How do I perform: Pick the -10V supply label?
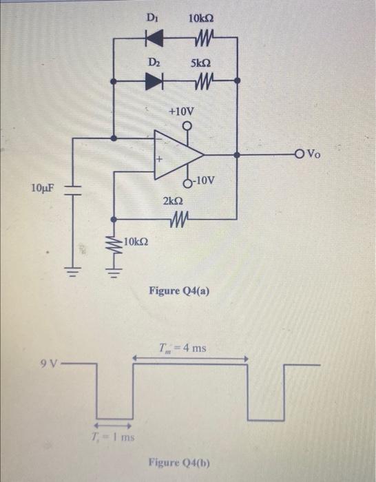coord(204,181)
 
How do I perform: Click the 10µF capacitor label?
coord(42,187)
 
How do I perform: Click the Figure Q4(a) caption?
coord(179,293)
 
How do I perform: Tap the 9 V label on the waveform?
coord(50,359)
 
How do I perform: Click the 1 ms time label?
coord(114,437)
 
